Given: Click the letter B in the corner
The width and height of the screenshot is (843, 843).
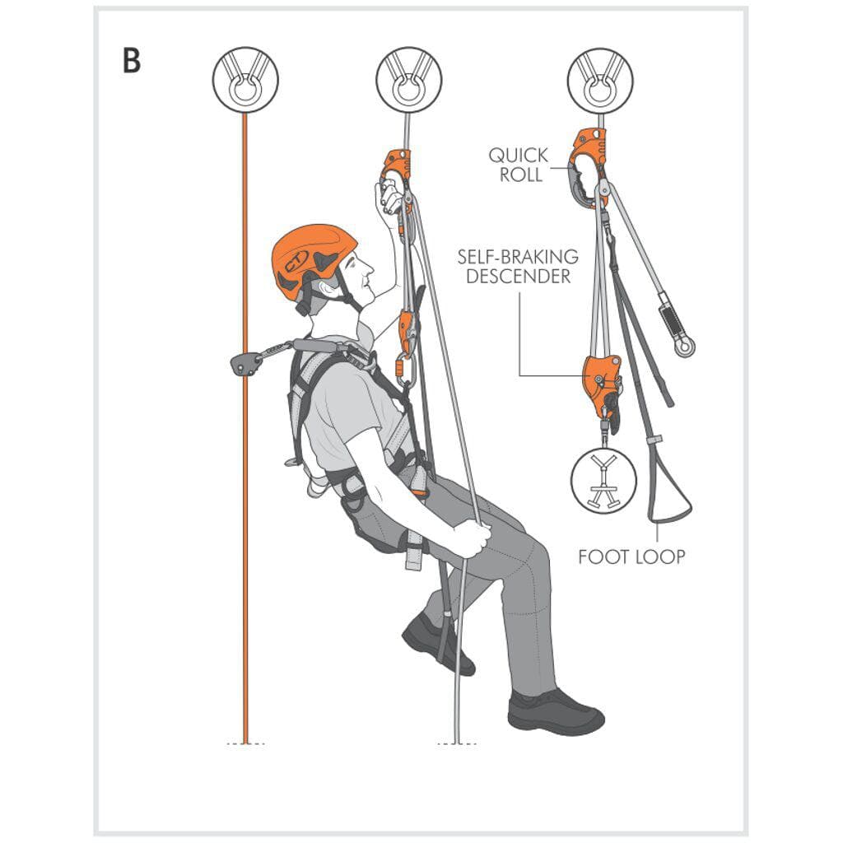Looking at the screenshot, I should coord(132,61).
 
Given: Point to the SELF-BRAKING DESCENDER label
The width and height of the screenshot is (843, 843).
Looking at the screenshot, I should coord(518,266).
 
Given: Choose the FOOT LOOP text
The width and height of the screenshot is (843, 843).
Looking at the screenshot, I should coord(631,557).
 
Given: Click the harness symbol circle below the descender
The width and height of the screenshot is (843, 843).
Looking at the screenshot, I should coord(603,482).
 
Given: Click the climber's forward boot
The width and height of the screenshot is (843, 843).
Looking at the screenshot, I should coord(556,711).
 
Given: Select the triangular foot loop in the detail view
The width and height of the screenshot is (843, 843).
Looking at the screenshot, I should coord(669,494).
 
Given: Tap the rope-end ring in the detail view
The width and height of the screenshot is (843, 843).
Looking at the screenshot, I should coord(683,347).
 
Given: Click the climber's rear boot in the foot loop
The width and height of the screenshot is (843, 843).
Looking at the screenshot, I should coord(436,642).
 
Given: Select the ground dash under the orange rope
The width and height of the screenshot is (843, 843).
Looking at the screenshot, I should coord(245,743).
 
